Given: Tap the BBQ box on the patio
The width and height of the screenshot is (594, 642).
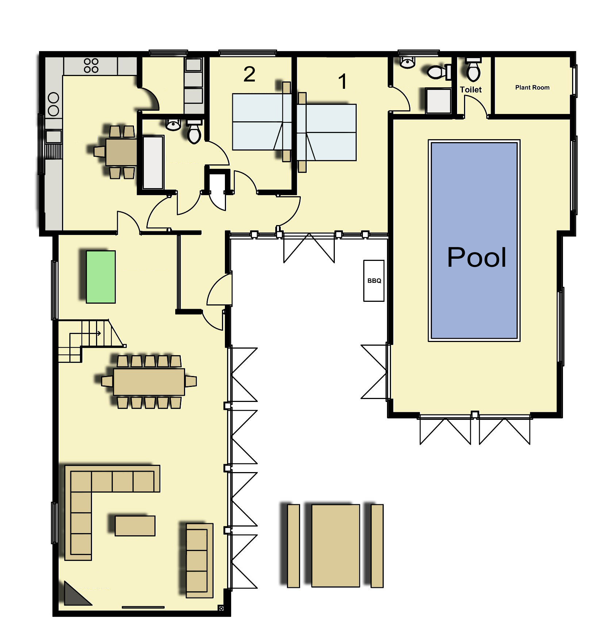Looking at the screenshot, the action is [374, 281].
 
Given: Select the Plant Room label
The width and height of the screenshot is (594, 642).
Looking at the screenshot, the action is [532, 87].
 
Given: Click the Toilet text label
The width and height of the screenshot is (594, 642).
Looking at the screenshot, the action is [471, 90].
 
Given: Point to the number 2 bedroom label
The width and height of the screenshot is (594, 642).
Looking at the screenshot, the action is [249, 74].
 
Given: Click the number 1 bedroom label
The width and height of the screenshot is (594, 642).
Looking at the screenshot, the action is [342, 81].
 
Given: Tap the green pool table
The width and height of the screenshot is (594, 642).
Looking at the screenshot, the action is [101, 277].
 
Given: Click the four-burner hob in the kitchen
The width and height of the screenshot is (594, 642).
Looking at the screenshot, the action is [91, 66].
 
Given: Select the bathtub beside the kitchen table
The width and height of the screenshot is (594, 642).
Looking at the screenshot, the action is [153, 162].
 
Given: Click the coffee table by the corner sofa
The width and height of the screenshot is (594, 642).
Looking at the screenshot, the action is [135, 525].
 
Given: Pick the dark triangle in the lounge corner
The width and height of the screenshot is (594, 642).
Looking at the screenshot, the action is [77, 593].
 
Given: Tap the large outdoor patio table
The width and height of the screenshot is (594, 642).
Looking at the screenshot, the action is [336, 546].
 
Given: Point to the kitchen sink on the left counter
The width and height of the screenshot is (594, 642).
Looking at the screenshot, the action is [53, 137].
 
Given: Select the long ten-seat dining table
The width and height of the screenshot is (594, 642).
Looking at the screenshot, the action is [149, 382].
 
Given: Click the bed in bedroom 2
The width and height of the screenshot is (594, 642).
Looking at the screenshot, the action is [262, 122].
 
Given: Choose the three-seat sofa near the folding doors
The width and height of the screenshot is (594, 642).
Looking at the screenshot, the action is [199, 561].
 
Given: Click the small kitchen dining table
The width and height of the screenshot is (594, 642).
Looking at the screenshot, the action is [121, 152].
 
